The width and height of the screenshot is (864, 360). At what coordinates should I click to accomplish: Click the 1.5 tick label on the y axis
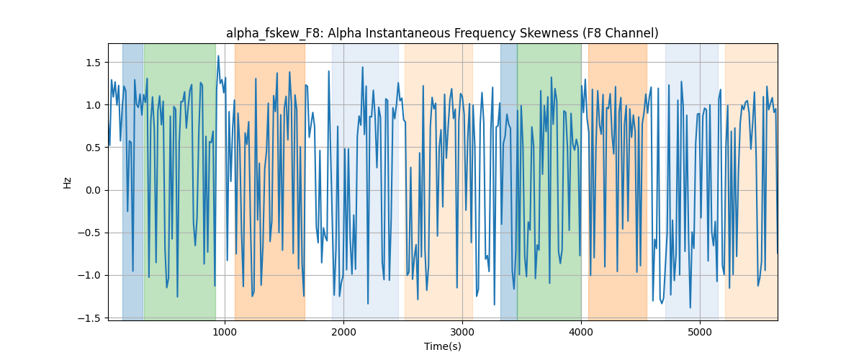tap(93, 63)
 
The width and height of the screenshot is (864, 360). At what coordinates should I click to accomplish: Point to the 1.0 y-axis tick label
tap(93, 105)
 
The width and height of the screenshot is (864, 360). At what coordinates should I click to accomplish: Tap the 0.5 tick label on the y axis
tap(93, 148)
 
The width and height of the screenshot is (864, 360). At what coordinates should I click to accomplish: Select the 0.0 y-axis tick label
tap(93, 190)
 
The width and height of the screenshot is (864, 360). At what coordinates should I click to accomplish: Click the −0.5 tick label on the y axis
tap(89, 233)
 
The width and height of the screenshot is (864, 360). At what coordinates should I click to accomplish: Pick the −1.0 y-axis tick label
tap(89, 276)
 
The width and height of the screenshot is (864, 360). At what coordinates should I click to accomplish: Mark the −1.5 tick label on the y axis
tap(89, 318)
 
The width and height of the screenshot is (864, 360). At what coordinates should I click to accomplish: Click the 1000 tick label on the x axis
tap(225, 333)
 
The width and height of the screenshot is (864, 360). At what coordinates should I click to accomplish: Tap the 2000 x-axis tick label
tap(343, 333)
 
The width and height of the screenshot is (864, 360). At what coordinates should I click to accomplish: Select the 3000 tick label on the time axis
tap(462, 333)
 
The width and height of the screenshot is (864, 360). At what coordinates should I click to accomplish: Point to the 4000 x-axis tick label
tap(581, 333)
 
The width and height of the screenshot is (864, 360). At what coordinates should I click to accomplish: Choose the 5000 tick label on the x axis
tap(700, 333)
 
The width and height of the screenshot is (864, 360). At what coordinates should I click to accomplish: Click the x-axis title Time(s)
tap(443, 346)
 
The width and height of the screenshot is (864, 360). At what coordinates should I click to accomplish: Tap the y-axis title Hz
tap(67, 183)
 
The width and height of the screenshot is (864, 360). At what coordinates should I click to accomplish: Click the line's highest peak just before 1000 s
tap(218, 56)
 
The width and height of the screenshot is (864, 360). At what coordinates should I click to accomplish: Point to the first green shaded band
tap(180, 182)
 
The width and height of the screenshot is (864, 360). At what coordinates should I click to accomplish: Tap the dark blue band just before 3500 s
tap(509, 182)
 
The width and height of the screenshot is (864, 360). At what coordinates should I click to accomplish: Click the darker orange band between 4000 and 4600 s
tap(618, 182)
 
